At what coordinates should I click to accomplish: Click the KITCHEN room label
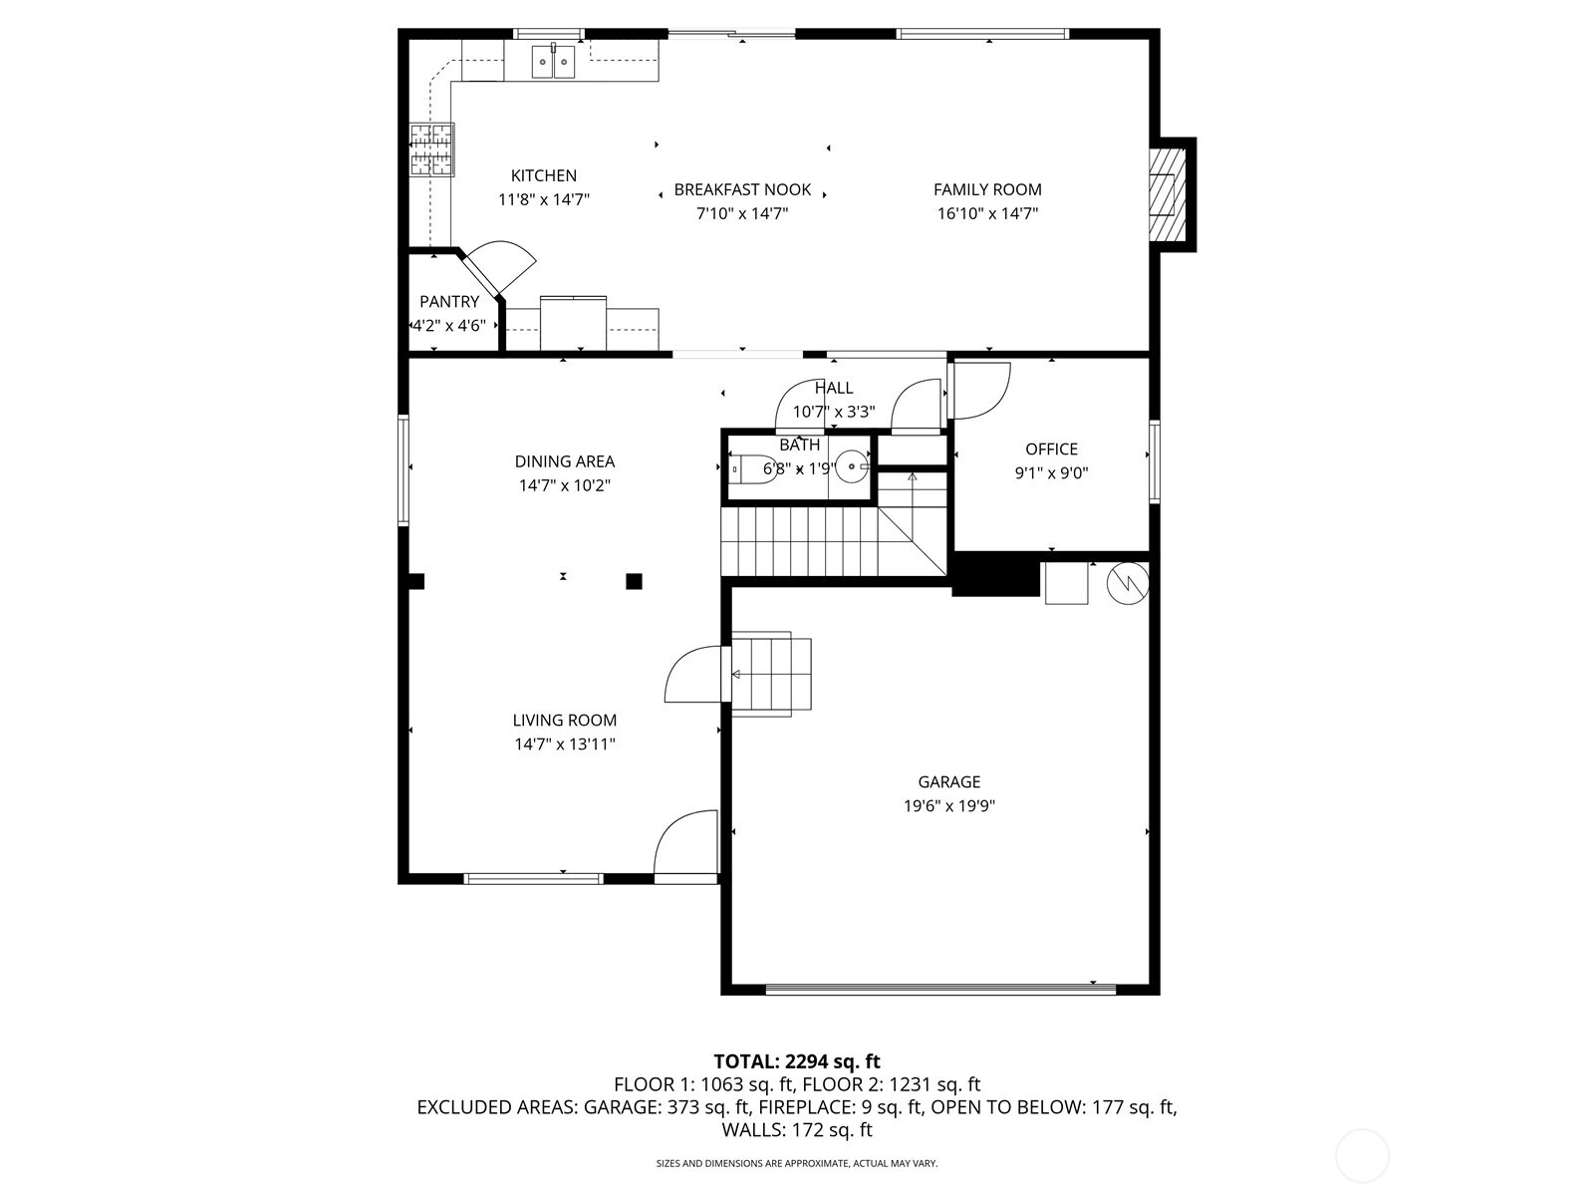[543, 175]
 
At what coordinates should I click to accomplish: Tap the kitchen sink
[553, 62]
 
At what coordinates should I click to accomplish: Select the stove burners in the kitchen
[431, 149]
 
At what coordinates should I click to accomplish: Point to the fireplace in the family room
[1167, 194]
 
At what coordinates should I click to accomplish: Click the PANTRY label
[449, 301]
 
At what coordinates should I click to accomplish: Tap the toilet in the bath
[754, 469]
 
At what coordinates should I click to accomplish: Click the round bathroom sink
[852, 466]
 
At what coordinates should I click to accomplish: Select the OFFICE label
[1051, 448]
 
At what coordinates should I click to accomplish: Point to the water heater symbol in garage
[1128, 583]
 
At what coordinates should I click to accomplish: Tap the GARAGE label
[949, 781]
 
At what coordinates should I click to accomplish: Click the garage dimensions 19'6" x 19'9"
[949, 805]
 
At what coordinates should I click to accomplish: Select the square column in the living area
[634, 581]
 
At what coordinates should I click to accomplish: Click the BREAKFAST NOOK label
[742, 189]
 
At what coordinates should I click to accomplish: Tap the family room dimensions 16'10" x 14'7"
[987, 213]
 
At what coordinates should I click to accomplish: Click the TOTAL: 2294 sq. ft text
[797, 1061]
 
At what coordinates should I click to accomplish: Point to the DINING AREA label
[565, 461]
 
